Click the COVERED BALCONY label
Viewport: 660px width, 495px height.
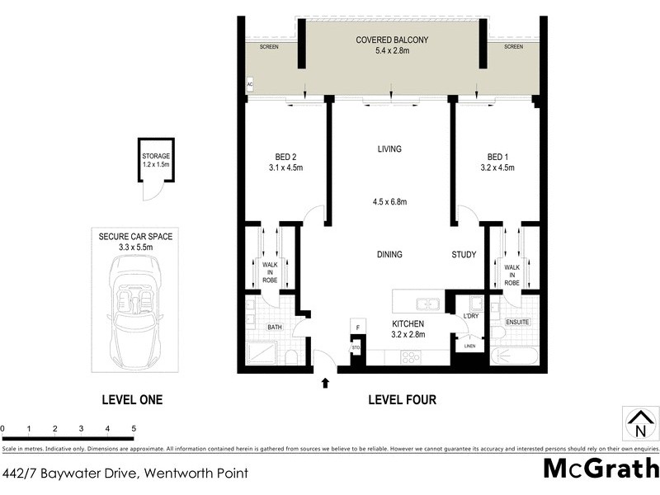pyautogui.click(x=392, y=40)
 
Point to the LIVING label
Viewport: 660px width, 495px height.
pyautogui.click(x=389, y=149)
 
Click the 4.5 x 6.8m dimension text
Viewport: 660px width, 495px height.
pyautogui.click(x=390, y=202)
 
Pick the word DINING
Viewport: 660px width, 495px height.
pyautogui.click(x=389, y=255)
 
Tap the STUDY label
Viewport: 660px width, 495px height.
pyautogui.click(x=464, y=255)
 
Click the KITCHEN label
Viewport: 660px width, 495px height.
pyautogui.click(x=408, y=324)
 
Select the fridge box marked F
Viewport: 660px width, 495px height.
pyautogui.click(x=356, y=328)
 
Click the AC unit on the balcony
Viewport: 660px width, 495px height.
pyautogui.click(x=249, y=84)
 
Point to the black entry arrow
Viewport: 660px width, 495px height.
pyautogui.click(x=325, y=382)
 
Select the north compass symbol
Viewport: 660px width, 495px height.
pyautogui.click(x=639, y=423)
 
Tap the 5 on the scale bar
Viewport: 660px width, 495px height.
pyautogui.click(x=134, y=429)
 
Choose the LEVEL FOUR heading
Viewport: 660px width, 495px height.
pyautogui.click(x=402, y=400)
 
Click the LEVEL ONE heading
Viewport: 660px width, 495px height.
pyautogui.click(x=132, y=400)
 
